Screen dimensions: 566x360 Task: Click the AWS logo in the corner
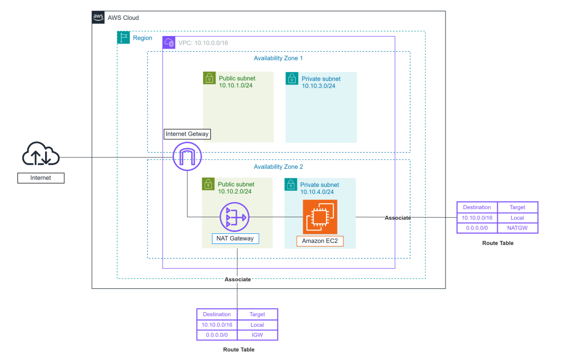coord(98,18)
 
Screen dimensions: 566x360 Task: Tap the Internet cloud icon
coord(41,154)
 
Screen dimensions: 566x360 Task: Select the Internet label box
coord(41,178)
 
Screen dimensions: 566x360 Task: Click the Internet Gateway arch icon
coord(187,156)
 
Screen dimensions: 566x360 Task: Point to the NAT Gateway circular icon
coord(235,217)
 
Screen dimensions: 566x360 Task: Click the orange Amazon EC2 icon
coord(320,217)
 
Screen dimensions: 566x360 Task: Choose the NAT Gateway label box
coord(235,239)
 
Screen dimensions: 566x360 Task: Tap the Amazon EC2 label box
coord(320,241)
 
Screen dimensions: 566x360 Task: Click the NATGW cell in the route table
coord(517,228)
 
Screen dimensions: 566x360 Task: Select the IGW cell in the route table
coord(257,335)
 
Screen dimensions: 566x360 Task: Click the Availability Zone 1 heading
coord(278,58)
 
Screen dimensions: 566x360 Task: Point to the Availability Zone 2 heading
coord(278,166)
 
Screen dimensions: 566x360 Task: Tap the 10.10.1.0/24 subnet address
coord(236,85)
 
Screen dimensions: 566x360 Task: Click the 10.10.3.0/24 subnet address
coord(318,86)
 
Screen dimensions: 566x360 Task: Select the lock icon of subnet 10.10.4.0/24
coord(291,185)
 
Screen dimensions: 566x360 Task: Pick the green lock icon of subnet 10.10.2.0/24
coord(208,184)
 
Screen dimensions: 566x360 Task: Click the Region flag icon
coord(123,37)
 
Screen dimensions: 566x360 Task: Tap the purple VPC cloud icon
coord(169,43)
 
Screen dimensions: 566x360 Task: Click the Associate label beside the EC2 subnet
coord(398,218)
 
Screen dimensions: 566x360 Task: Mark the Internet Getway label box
coord(187,134)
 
